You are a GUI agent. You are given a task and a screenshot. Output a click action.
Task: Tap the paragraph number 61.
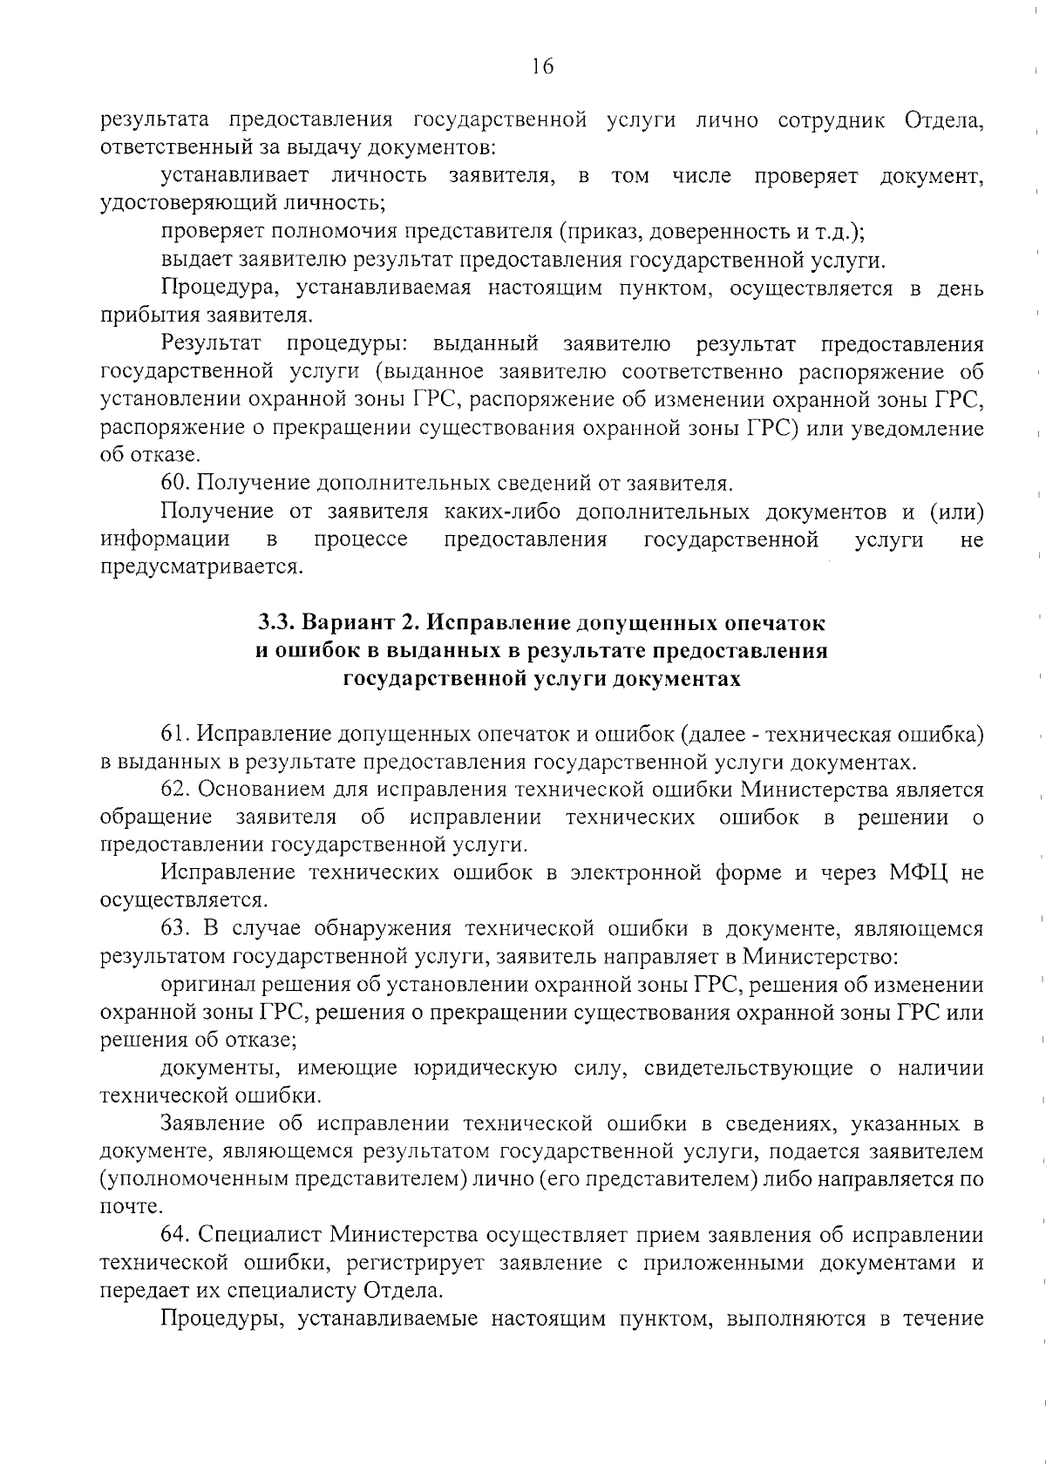(x=175, y=735)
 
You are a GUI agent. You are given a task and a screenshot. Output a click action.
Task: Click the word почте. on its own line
(x=132, y=1209)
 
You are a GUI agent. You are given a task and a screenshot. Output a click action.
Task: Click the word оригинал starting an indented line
(x=206, y=986)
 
